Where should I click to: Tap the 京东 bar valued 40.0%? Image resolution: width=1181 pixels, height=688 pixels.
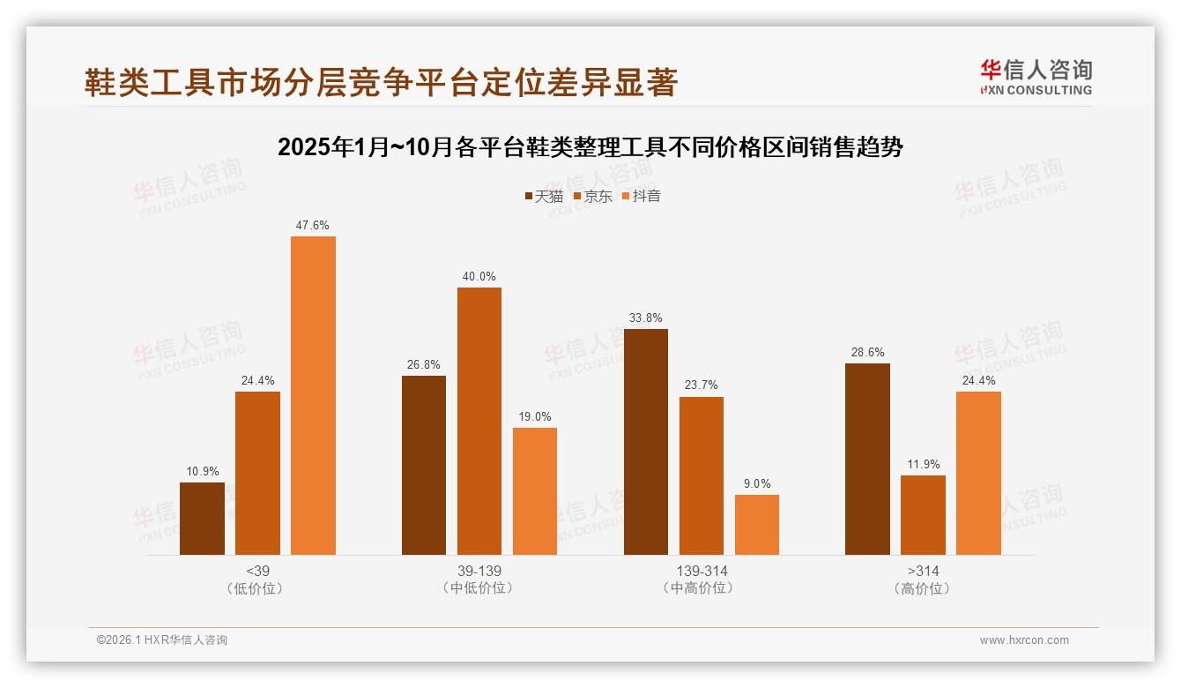[x=479, y=421]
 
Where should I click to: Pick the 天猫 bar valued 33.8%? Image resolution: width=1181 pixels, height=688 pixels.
[x=645, y=442]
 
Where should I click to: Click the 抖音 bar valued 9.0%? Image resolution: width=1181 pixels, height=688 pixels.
[x=756, y=525]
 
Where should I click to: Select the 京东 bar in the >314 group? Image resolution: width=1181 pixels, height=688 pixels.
[x=923, y=515]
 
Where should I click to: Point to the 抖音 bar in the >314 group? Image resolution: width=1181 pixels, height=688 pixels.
[x=978, y=473]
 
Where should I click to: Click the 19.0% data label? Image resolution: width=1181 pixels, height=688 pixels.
[x=535, y=416]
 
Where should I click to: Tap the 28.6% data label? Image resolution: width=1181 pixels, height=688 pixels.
[x=867, y=352]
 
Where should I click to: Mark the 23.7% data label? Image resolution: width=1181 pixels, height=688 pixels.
[x=702, y=385]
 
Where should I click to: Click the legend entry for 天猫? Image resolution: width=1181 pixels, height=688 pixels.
[x=544, y=196]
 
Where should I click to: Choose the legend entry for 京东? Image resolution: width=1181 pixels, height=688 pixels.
[x=593, y=196]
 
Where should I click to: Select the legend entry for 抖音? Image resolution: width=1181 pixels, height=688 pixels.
[x=642, y=196]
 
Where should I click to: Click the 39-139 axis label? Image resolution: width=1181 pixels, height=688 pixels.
[x=479, y=571]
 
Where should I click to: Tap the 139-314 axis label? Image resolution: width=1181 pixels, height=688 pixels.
[x=702, y=571]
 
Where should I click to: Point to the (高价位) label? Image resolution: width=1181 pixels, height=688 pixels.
[x=923, y=588]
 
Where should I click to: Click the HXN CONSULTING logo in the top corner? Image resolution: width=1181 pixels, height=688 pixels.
[x=1036, y=78]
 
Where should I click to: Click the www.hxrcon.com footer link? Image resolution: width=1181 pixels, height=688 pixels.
[x=1024, y=640]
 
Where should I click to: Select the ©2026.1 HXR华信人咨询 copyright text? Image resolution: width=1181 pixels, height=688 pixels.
[x=162, y=640]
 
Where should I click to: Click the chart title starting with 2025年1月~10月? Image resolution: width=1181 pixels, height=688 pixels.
[x=590, y=147]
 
